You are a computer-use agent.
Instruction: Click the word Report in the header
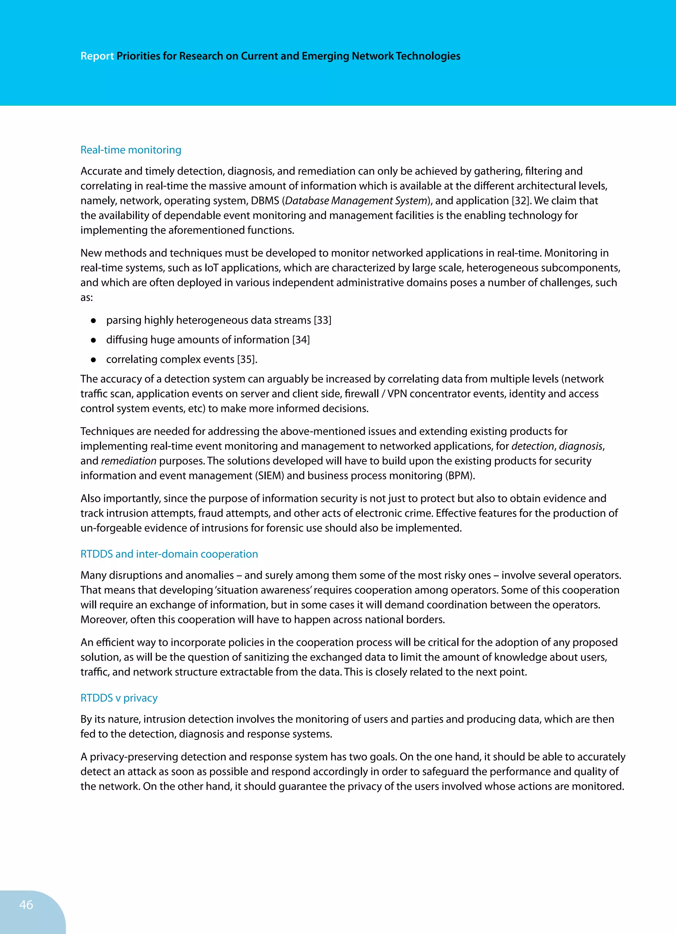[x=97, y=56]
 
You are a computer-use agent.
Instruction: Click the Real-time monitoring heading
[x=130, y=150]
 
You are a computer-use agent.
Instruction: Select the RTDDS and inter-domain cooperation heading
[x=169, y=554]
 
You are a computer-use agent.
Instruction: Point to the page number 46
[x=26, y=904]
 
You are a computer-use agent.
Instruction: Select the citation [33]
[x=322, y=320]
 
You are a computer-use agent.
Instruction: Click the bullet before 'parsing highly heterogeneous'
[x=93, y=320]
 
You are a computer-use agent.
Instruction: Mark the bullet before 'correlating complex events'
[x=93, y=360]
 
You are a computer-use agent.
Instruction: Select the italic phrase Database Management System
[x=356, y=200]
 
